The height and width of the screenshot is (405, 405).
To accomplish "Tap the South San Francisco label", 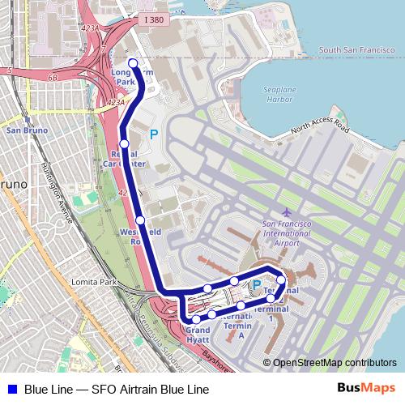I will pos(357,50).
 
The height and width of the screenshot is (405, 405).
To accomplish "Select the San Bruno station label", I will pos(24,130).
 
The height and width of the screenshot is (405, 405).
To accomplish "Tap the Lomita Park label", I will pos(94,282).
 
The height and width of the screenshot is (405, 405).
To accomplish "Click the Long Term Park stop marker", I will pos(133,63).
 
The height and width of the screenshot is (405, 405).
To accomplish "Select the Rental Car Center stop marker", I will pos(124,143).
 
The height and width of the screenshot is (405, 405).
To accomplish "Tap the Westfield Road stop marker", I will pos(140,220).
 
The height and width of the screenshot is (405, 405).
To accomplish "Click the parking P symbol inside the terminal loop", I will pos(256,285).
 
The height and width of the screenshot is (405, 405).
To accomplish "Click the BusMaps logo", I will pos(365,389).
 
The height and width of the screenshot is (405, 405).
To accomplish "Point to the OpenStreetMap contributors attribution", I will pos(335,363).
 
